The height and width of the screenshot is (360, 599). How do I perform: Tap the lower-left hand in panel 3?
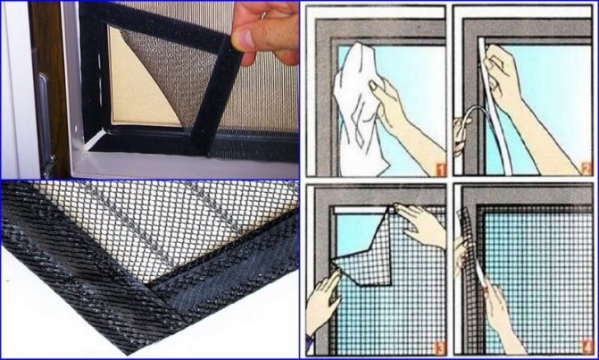[323, 304]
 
